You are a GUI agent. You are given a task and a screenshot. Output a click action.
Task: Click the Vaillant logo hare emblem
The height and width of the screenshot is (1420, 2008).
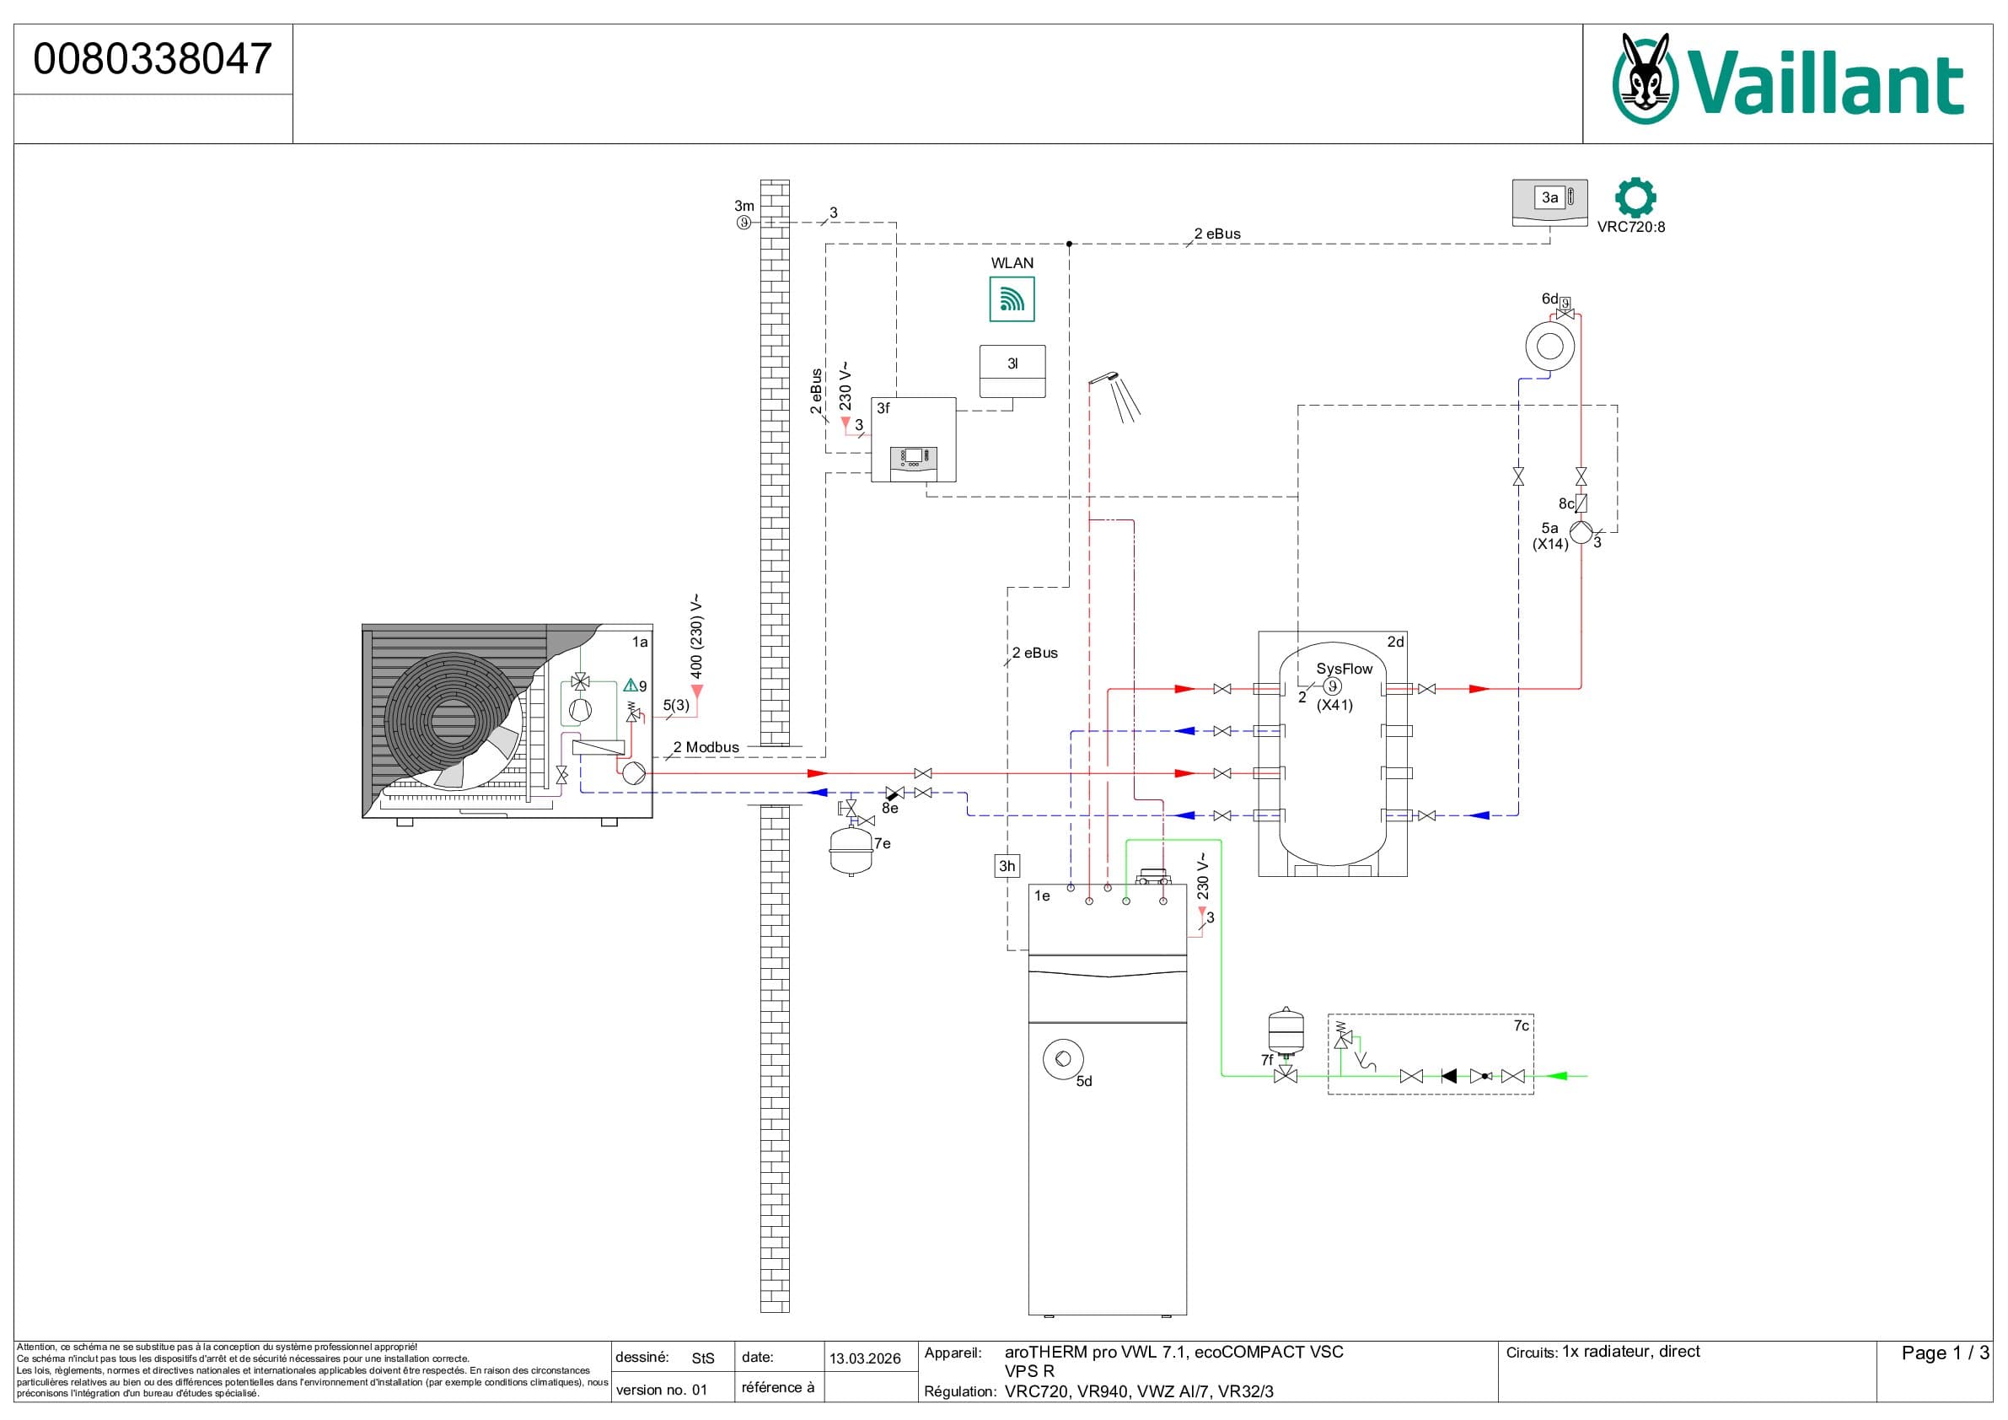[1645, 78]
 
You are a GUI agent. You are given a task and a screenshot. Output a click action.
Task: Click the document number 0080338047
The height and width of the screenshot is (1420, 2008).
[153, 59]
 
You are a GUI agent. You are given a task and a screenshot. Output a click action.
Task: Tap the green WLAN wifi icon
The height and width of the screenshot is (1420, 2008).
[1012, 299]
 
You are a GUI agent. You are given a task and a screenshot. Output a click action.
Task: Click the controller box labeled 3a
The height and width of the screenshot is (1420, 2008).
[1549, 203]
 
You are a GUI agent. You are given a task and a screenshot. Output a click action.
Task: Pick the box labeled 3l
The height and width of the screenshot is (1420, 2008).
[1012, 372]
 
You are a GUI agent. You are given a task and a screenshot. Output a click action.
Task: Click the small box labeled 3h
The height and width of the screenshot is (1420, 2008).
[1007, 866]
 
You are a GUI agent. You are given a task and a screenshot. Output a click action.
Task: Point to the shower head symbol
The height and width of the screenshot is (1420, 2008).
[1116, 395]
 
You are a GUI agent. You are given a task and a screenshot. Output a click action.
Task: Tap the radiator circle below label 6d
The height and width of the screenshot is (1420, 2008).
[1549, 347]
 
